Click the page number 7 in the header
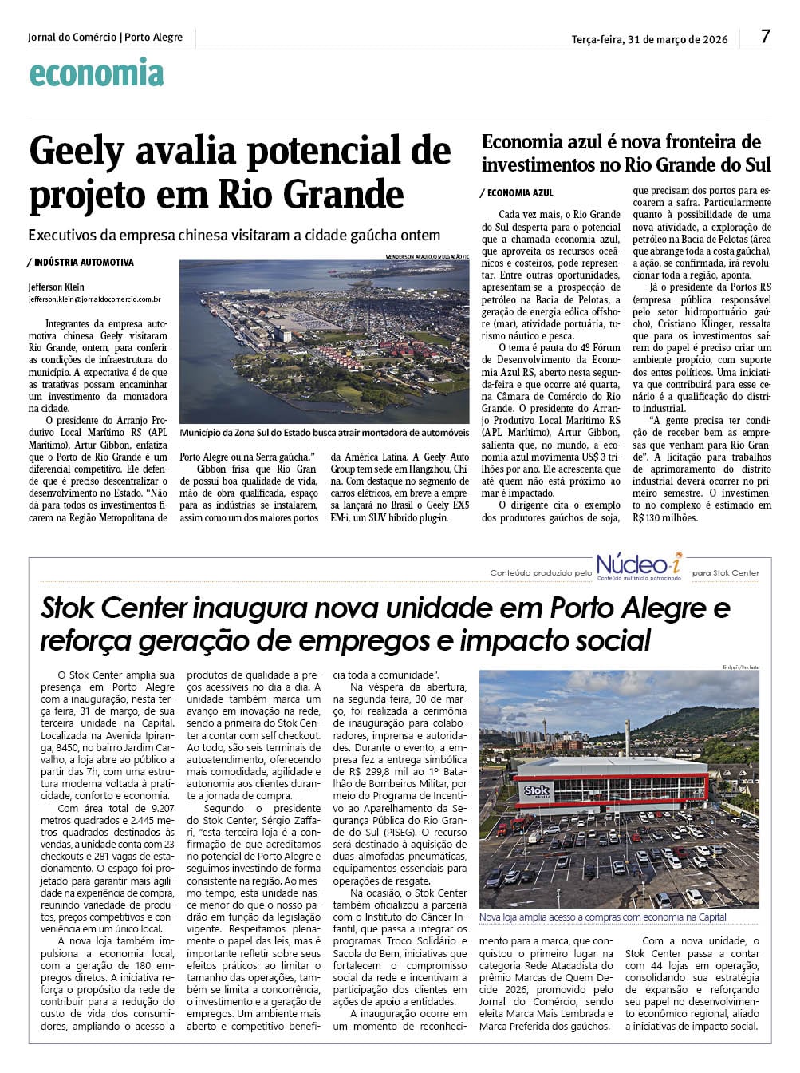click(x=766, y=36)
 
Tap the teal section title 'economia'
click(x=97, y=74)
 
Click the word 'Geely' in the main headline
click(x=77, y=152)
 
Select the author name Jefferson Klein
click(x=56, y=287)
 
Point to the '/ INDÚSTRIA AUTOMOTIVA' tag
click(x=81, y=263)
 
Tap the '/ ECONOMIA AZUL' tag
click(x=517, y=193)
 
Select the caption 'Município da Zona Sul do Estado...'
click(x=325, y=433)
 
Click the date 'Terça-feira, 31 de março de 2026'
click(x=649, y=39)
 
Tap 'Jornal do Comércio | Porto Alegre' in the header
click(x=105, y=38)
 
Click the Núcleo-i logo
click(x=640, y=564)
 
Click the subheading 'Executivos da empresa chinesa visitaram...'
click(x=234, y=236)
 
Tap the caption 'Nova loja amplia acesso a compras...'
click(x=603, y=917)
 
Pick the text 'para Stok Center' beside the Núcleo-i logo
click(x=726, y=572)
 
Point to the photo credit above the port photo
click(x=428, y=256)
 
